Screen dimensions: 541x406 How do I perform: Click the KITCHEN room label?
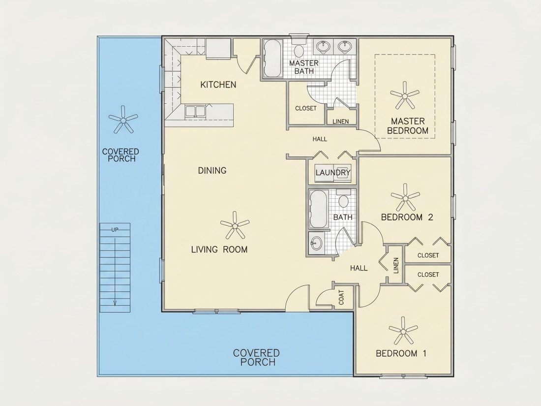[218, 85]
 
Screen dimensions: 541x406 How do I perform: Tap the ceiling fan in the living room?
[235, 225]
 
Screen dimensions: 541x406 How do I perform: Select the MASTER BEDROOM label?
[408, 126]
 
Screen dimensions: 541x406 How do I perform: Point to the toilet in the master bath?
[299, 50]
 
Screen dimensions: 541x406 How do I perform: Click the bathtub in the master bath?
[273, 59]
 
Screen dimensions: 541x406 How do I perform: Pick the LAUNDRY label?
[333, 173]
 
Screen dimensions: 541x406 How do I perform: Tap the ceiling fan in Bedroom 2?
[405, 197]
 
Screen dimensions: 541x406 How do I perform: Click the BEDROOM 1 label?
[401, 353]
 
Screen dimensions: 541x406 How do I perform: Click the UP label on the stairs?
[115, 230]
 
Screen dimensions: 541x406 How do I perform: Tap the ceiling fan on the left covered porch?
[123, 119]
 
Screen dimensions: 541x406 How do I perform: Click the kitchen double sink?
[195, 112]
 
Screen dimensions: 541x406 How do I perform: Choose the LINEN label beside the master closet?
[340, 122]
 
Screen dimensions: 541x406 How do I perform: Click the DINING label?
[212, 170]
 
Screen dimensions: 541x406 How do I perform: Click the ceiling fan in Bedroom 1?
[403, 330]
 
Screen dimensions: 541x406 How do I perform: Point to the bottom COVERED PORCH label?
[256, 358]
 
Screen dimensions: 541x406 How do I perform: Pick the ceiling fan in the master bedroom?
[405, 94]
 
